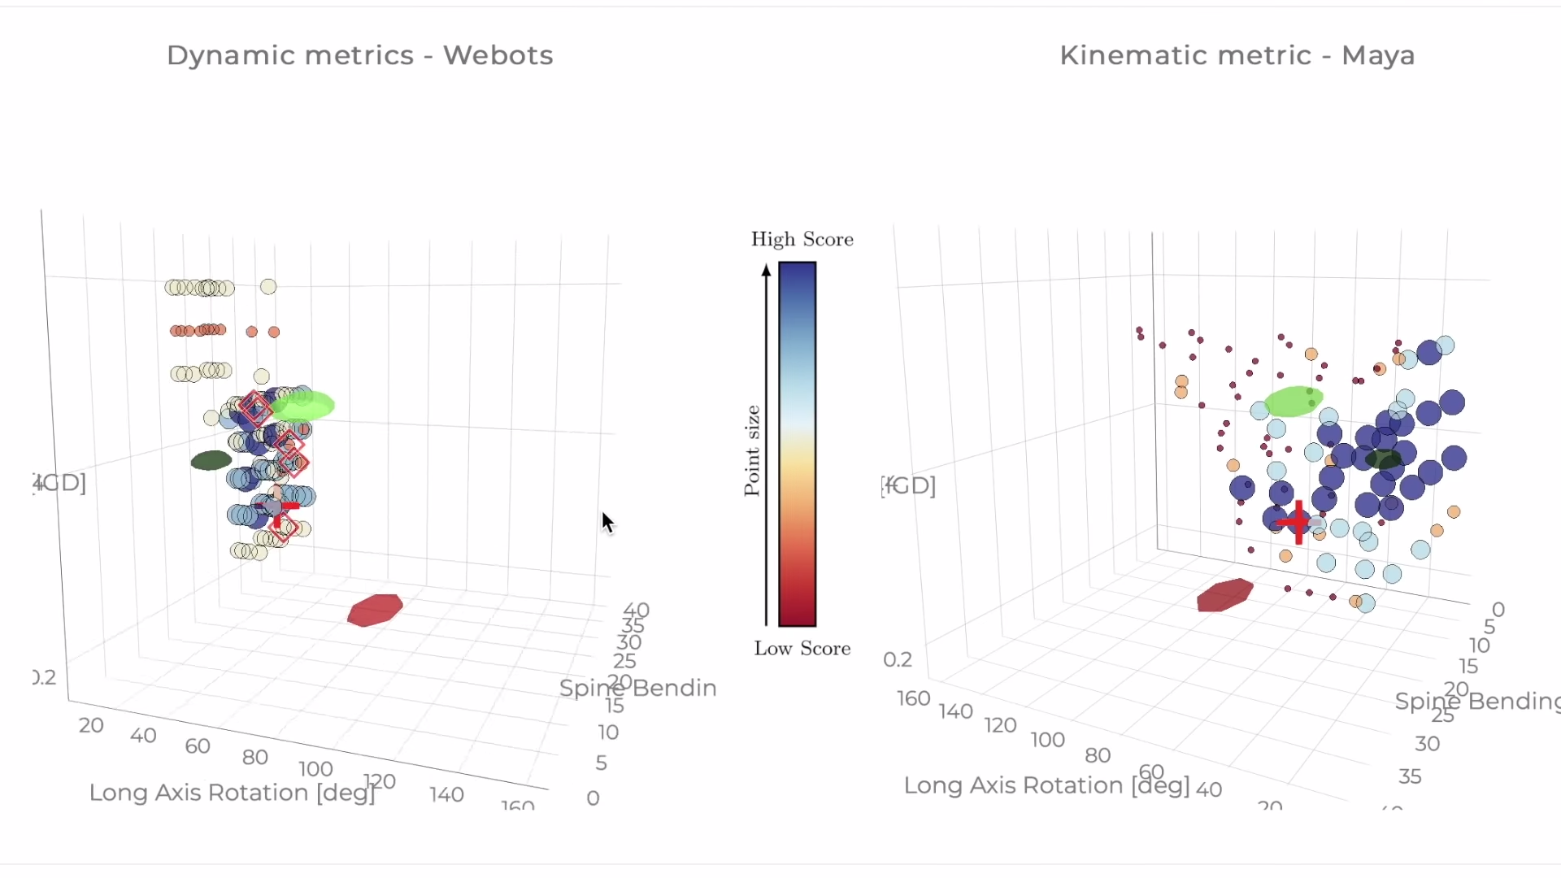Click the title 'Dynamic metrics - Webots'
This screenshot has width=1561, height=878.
pyautogui.click(x=359, y=55)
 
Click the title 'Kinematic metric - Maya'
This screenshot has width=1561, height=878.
pyautogui.click(x=1237, y=55)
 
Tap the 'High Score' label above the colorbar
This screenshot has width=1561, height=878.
pyautogui.click(x=802, y=239)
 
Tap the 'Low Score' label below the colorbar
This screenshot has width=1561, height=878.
pyautogui.click(x=802, y=648)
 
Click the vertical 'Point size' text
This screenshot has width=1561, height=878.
pyautogui.click(x=752, y=450)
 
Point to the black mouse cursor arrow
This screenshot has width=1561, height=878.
pyautogui.click(x=607, y=521)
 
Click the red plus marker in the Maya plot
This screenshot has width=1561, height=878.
pyautogui.click(x=1298, y=522)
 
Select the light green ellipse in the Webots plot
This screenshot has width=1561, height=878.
pyautogui.click(x=302, y=405)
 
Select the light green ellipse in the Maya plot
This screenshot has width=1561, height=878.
pyautogui.click(x=1294, y=401)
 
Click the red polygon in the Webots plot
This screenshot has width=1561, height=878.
pyautogui.click(x=375, y=610)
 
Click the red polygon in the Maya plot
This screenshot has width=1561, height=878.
pyautogui.click(x=1224, y=594)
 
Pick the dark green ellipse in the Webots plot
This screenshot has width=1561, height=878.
pyautogui.click(x=211, y=460)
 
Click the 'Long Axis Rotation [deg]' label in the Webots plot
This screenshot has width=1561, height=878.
pyautogui.click(x=232, y=792)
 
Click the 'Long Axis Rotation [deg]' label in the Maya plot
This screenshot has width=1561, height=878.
pyautogui.click(x=1046, y=785)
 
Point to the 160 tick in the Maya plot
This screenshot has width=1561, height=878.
pyautogui.click(x=913, y=698)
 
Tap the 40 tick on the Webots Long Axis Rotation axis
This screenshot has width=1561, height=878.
pyautogui.click(x=143, y=735)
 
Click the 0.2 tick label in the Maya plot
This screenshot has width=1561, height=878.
pyautogui.click(x=898, y=658)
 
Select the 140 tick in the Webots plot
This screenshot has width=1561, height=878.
pyautogui.click(x=446, y=794)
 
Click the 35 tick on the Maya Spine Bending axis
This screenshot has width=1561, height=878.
pyautogui.click(x=1410, y=776)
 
